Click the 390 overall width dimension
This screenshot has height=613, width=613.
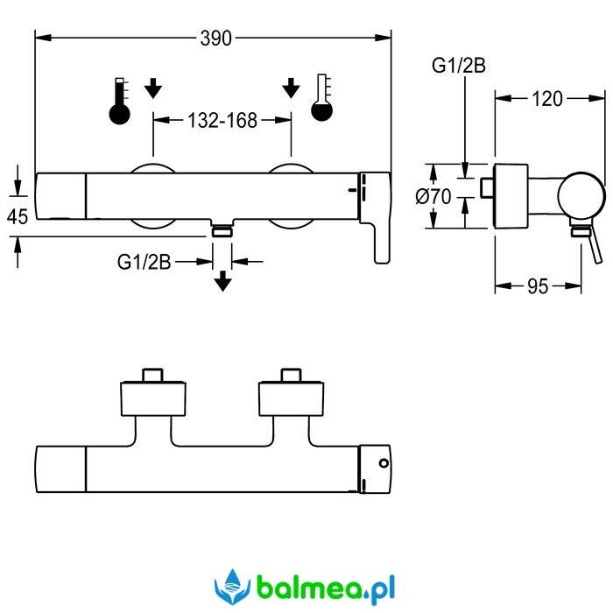coord(215,38)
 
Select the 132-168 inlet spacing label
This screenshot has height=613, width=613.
coord(222,121)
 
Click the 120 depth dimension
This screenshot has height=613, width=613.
coord(547,99)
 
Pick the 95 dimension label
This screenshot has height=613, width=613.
coord(538,286)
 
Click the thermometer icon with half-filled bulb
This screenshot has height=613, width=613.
coord(321,99)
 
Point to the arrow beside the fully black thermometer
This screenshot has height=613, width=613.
coord(154,88)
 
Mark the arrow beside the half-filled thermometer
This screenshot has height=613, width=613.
coord(291,88)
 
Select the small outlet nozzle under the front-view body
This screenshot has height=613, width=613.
coord(222,231)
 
